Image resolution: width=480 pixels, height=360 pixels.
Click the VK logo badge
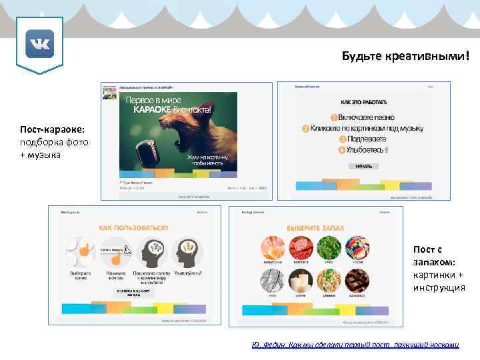pos(39,45)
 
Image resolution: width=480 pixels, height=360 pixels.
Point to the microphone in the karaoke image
pos(148,151)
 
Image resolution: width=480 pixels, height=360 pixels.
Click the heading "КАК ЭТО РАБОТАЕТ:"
pos(363,101)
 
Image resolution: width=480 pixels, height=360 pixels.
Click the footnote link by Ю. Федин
pos(355,345)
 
